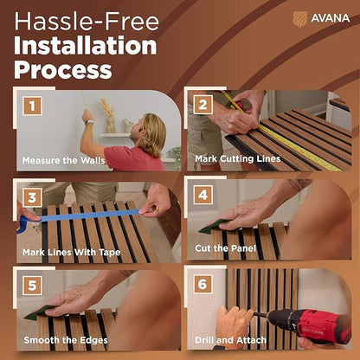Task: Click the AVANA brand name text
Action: click(x=331, y=18)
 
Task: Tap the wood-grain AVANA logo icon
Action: click(x=300, y=19)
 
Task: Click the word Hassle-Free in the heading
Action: click(x=87, y=22)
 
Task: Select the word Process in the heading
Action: click(x=63, y=70)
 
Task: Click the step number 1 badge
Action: click(x=32, y=106)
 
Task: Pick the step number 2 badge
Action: click(x=203, y=105)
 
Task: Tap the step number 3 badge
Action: click(x=32, y=197)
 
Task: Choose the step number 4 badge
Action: click(x=203, y=195)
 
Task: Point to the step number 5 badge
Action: click(x=32, y=286)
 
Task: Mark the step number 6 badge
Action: click(x=203, y=284)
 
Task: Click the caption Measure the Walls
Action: click(x=63, y=160)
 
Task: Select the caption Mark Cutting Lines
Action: click(x=238, y=158)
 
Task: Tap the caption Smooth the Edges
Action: click(x=66, y=340)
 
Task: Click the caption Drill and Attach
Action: click(x=230, y=340)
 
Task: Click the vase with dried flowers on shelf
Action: click(x=109, y=115)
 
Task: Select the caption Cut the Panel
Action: click(x=226, y=248)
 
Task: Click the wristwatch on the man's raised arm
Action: click(x=89, y=122)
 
